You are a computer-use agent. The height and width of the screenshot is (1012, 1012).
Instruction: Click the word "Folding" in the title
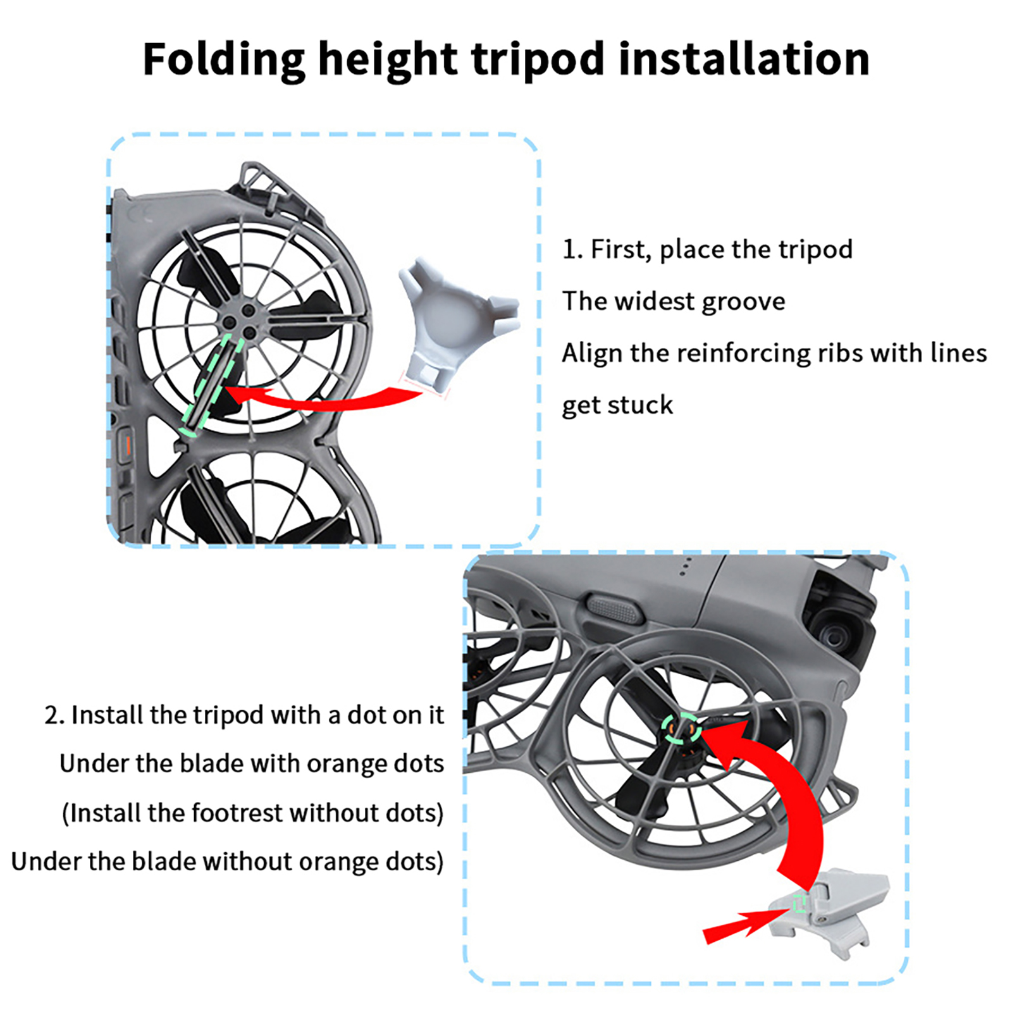[x=224, y=60]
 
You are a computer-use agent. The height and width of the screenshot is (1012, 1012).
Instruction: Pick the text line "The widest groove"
[x=674, y=301]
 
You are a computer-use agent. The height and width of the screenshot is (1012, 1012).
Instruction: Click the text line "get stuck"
[x=617, y=405]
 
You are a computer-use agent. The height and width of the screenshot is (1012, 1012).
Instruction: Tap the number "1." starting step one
[x=572, y=249]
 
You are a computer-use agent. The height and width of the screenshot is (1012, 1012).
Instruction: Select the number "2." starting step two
[x=54, y=715]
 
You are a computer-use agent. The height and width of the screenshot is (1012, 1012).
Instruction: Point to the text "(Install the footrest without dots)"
[x=253, y=813]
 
